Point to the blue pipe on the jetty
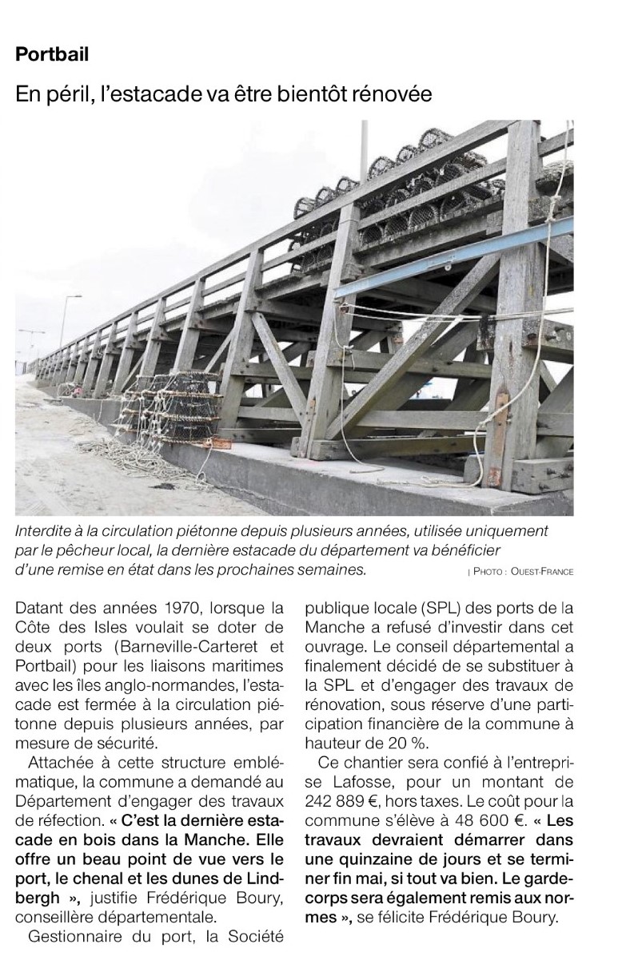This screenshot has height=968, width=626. [x=448, y=263]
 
